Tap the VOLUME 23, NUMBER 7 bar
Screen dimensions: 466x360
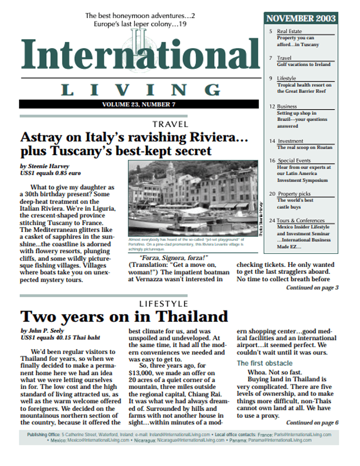(138, 104)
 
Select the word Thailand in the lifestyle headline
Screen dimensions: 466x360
(192, 316)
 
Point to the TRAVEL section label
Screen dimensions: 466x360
(170, 124)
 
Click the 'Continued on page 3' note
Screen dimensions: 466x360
(312, 288)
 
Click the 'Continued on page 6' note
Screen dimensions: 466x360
(312, 423)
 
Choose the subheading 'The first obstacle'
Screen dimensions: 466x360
(265, 363)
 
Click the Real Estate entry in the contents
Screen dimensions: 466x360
(289, 32)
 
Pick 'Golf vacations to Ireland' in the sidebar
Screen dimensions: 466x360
(304, 64)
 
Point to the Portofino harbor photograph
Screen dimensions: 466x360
(192, 198)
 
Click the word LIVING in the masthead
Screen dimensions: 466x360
(139, 90)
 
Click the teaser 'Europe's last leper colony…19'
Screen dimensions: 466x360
(140, 24)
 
